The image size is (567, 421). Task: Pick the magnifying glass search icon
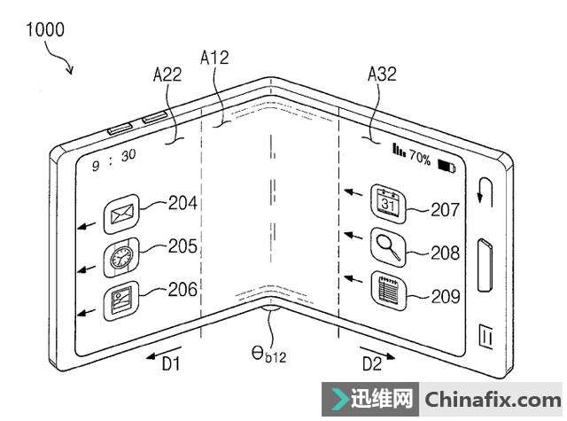click(x=388, y=245)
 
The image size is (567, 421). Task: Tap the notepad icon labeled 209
click(x=388, y=288)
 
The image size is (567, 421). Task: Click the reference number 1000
click(x=44, y=29)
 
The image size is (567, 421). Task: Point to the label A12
click(x=215, y=58)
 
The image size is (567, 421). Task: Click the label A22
click(x=167, y=76)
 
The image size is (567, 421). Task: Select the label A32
click(x=382, y=76)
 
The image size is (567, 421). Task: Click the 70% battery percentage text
click(x=419, y=160)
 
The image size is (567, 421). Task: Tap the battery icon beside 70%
click(x=443, y=163)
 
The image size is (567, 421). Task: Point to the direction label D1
click(x=170, y=363)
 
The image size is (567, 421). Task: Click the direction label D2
click(x=371, y=362)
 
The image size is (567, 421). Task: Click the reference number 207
click(x=446, y=210)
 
